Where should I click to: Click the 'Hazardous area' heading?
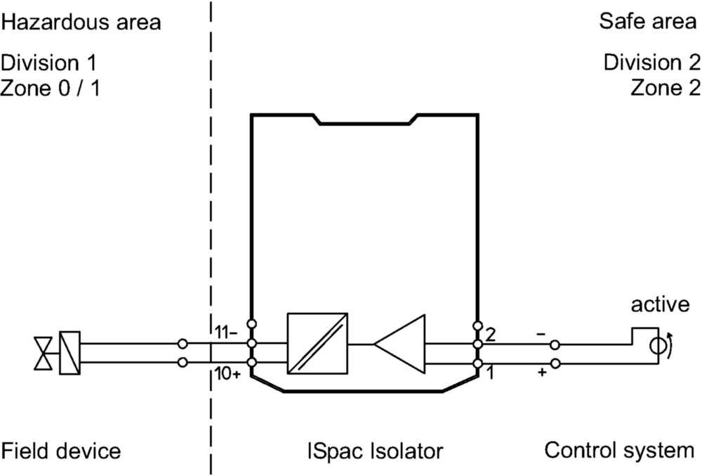[x=81, y=22]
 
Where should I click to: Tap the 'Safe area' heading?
[x=648, y=21]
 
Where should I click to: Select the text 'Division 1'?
[x=49, y=63]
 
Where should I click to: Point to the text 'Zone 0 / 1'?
[x=50, y=88]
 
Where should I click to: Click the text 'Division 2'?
[x=652, y=63]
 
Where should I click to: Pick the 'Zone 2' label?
[x=665, y=88]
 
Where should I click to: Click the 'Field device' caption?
[x=61, y=451]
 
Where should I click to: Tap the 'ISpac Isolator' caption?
[x=375, y=451]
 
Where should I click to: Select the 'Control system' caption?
[x=619, y=450]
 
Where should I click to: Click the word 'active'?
[x=661, y=304]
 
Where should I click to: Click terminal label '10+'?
[x=227, y=373]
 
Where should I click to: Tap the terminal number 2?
[x=491, y=335]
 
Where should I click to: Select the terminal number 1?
[x=491, y=373]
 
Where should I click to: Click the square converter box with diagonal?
[x=317, y=343]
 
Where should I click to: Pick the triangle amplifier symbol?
[x=399, y=344]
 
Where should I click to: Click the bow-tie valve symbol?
[x=43, y=354]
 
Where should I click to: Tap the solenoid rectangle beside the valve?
[x=69, y=353]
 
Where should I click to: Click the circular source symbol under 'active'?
[x=658, y=346]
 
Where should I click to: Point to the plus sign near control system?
[x=542, y=372]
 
